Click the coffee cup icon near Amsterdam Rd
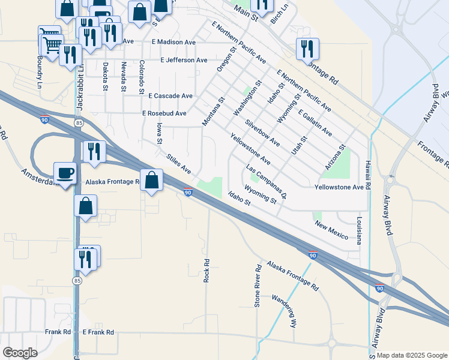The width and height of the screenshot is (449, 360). click(x=65, y=173)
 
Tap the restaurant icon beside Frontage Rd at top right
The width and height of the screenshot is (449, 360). click(x=307, y=49)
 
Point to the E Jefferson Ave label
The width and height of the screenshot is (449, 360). click(x=184, y=60)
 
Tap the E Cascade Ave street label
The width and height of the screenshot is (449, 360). click(x=170, y=95)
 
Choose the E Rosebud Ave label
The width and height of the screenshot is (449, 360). click(x=164, y=113)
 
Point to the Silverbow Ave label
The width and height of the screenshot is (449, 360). click(x=262, y=133)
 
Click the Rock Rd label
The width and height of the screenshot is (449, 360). click(x=206, y=271)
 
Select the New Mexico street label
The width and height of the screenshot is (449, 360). click(x=331, y=229)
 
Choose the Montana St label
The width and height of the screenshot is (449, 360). click(x=212, y=112)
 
